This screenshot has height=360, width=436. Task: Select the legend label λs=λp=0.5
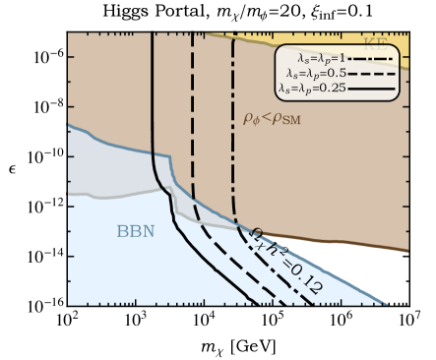click(x=312, y=73)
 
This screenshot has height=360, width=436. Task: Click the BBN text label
click(x=136, y=232)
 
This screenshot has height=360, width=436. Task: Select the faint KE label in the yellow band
click(x=376, y=43)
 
